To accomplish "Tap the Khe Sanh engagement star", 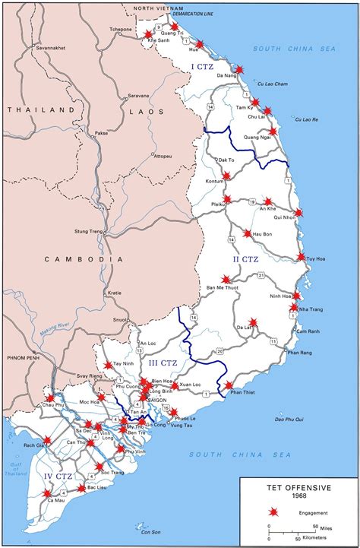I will [x=148, y=33].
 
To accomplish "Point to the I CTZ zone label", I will [x=202, y=68].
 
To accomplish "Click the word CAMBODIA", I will [x=84, y=259].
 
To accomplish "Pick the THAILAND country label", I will [x=36, y=109].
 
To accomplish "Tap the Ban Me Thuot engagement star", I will [x=226, y=280].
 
